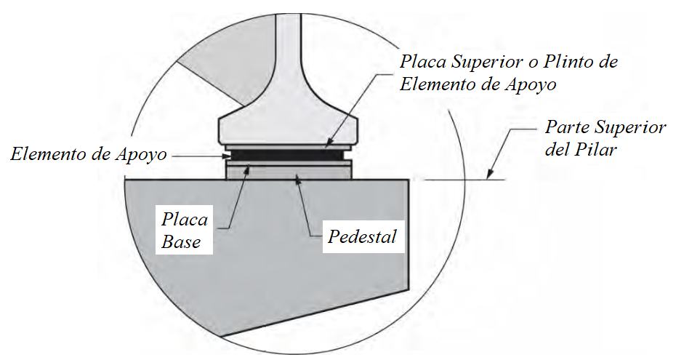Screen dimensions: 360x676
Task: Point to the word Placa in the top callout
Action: [x=422, y=62]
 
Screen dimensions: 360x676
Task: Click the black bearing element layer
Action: [x=287, y=155]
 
